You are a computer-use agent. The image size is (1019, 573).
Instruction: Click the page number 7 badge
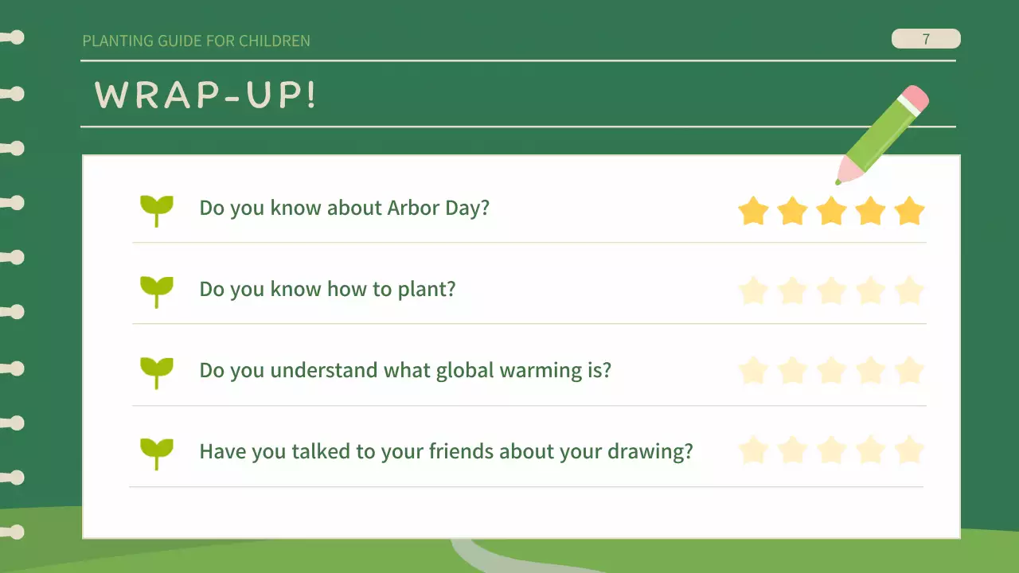click(925, 39)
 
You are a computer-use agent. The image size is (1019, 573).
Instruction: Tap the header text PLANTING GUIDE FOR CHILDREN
click(196, 41)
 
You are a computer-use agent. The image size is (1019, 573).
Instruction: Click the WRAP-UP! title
click(205, 95)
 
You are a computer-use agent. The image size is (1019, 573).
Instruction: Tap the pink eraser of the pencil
click(914, 99)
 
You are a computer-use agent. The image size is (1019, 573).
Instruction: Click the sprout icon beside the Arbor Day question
click(157, 209)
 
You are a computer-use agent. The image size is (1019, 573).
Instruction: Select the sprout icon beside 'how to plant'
click(157, 290)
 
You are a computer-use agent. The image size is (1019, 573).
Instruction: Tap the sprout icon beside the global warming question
click(157, 372)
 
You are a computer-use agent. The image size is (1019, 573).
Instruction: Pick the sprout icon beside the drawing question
click(157, 453)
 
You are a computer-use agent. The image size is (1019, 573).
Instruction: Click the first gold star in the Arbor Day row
click(753, 212)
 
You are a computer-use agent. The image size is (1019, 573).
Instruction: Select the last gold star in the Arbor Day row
click(909, 212)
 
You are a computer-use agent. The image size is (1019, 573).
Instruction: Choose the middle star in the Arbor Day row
click(831, 212)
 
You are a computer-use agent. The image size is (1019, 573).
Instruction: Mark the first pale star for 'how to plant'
click(753, 291)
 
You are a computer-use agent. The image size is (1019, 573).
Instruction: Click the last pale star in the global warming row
click(909, 371)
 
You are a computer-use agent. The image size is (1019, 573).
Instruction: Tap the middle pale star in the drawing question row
click(831, 451)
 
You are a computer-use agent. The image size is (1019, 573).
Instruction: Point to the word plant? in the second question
click(426, 290)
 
